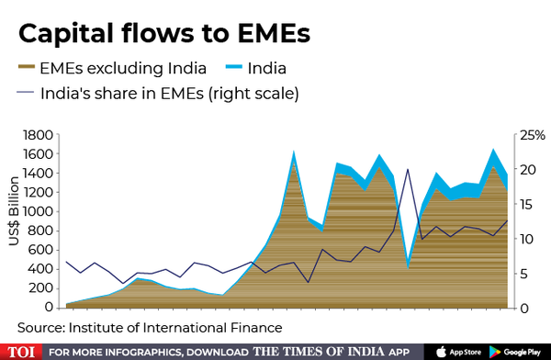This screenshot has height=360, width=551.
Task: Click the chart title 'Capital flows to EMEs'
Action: click(x=164, y=34)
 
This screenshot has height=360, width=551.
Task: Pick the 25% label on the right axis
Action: click(x=530, y=135)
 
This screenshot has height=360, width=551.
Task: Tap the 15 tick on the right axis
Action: click(x=523, y=204)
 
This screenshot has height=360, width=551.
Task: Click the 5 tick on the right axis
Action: click(x=520, y=274)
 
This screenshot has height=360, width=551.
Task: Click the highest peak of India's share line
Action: click(x=407, y=169)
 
